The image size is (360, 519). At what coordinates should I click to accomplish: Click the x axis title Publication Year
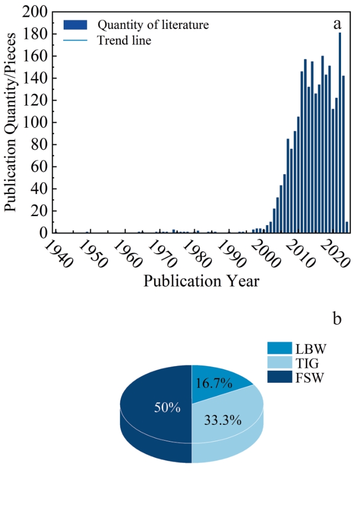tap(202, 281)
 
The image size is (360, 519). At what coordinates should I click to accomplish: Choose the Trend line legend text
tap(124, 40)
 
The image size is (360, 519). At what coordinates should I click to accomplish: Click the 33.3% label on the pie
tap(222, 420)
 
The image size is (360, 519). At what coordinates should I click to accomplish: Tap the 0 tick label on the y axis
tap(44, 233)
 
